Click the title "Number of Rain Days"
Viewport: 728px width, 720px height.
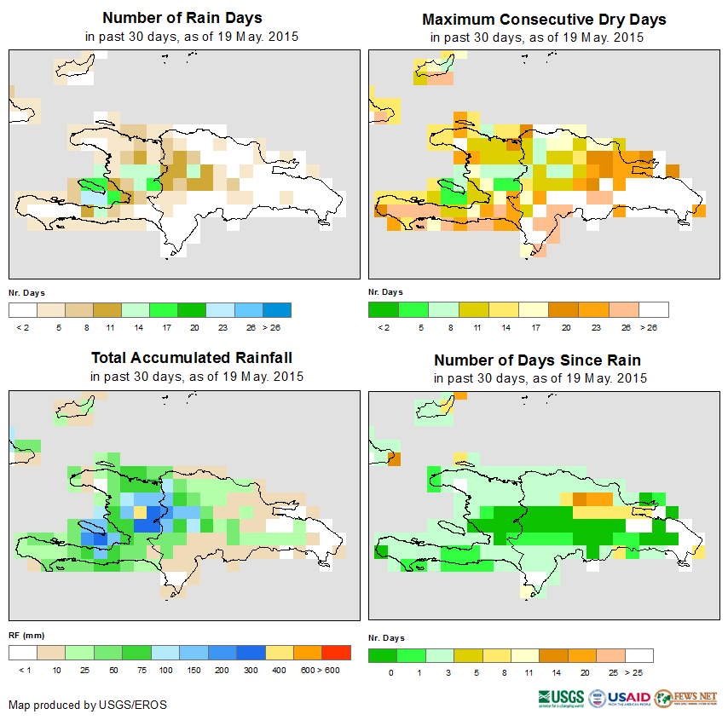coord(182,18)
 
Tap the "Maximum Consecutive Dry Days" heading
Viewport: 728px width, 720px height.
coord(544,19)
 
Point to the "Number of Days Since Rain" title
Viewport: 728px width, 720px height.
coord(538,360)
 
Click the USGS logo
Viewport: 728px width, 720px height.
coord(561,699)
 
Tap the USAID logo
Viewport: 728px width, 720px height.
coord(619,699)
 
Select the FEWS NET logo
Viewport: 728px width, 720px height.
coord(685,699)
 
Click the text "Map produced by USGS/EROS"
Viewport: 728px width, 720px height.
coord(88,705)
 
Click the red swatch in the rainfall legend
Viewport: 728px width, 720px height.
coord(337,653)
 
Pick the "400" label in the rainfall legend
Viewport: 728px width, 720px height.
coord(279,671)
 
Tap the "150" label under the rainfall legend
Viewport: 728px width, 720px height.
coord(193,671)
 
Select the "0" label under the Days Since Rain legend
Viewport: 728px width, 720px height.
coord(390,673)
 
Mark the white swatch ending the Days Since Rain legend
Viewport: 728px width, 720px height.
coord(639,655)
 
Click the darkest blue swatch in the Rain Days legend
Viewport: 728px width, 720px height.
coord(278,309)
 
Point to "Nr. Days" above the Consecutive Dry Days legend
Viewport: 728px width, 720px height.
coord(385,292)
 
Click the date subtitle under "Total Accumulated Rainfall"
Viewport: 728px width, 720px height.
coord(197,377)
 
